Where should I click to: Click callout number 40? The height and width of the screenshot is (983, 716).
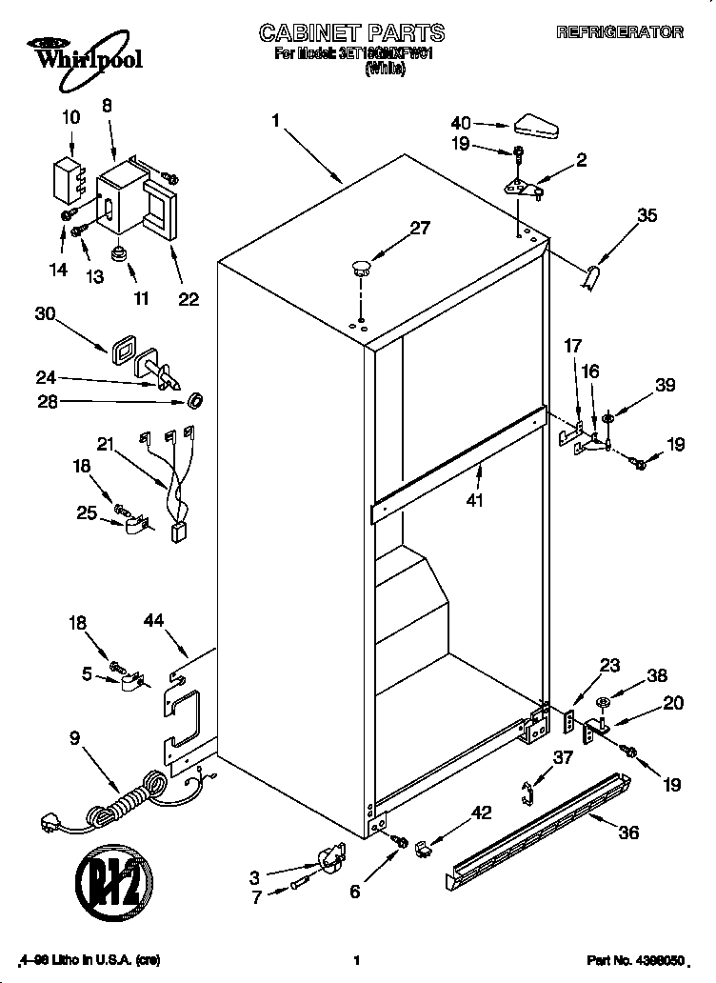[x=461, y=123]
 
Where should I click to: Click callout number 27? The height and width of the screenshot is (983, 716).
[x=419, y=228]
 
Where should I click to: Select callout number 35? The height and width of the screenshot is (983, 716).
[x=646, y=216]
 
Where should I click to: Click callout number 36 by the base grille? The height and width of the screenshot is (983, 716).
[x=628, y=832]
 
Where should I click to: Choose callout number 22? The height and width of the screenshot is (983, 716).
[x=189, y=299]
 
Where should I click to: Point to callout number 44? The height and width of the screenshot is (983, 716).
[x=154, y=621]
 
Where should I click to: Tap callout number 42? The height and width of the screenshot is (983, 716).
[x=484, y=812]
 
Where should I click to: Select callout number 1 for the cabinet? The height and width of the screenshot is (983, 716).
[x=275, y=121]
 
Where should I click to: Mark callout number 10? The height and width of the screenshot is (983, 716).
[x=71, y=118]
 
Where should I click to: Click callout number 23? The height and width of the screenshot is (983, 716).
[x=609, y=667]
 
